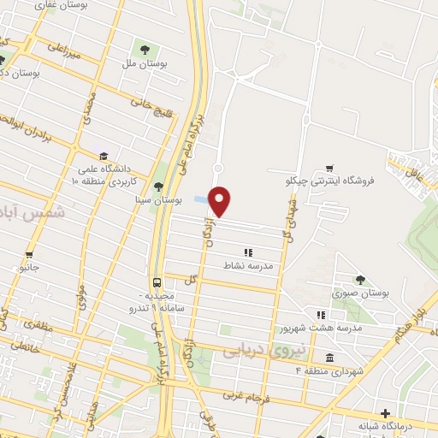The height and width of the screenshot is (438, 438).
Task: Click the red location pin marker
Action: pyautogui.click(x=220, y=200)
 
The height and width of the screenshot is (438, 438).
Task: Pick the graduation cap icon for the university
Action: pyautogui.click(x=104, y=156)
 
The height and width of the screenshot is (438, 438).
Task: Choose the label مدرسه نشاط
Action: pyautogui.click(x=248, y=266)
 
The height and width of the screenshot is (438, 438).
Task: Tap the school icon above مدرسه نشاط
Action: pyautogui.click(x=248, y=252)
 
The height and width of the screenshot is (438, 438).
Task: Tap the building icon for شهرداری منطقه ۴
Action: pyautogui.click(x=329, y=357)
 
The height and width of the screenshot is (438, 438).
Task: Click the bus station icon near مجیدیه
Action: pyautogui.click(x=157, y=282)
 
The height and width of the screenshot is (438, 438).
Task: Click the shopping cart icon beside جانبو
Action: pyautogui.click(x=29, y=254)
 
